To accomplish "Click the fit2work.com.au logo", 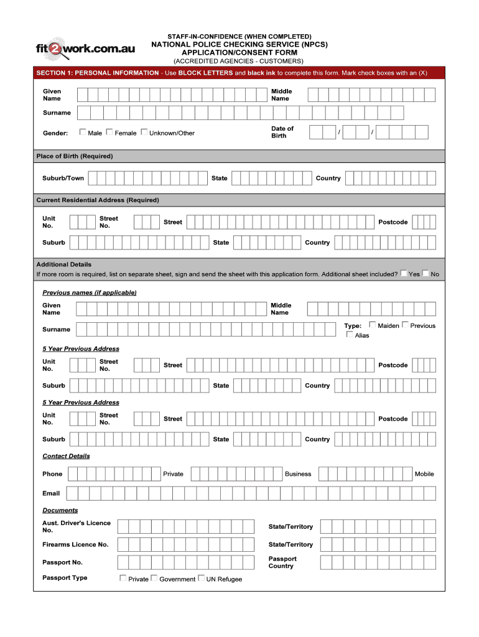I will pos(86,49).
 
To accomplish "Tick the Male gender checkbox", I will pos(83,132).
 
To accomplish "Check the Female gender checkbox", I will pos(109,132).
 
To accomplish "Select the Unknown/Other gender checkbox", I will pos(144,132).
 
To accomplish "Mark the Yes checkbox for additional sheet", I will pos(404,273).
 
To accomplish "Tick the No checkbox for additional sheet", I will pos(426,273).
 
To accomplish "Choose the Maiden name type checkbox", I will pos(373,325).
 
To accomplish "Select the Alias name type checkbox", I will pos(350,335).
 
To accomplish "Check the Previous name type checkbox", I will pos(405,325).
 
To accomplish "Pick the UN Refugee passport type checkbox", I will pos(201,579).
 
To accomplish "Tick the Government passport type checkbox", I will pos(154,579).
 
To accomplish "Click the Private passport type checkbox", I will pos(123,579).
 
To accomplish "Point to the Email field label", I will pos(51,493).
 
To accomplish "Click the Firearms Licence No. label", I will pos(75,544).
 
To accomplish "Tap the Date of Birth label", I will pos(282,132).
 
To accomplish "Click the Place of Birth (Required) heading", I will pos(75,156).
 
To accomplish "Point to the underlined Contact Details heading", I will pos(66,456).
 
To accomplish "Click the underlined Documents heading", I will pos(60,510).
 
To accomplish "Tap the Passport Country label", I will pos(282,562).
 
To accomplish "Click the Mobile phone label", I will pos(424,474).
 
